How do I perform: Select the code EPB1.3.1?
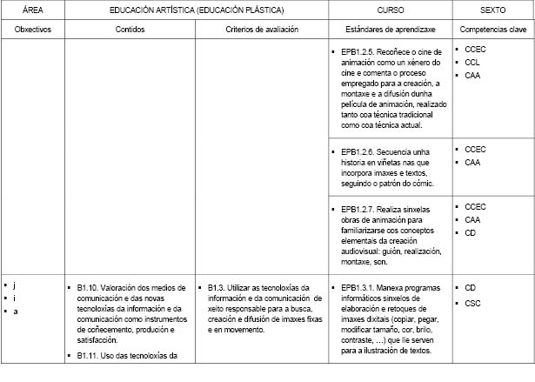(x=359, y=287)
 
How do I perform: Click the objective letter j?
(x=15, y=285)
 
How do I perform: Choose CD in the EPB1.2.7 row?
(x=471, y=233)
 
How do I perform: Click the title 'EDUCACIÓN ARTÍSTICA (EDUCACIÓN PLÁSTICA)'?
(x=197, y=9)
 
